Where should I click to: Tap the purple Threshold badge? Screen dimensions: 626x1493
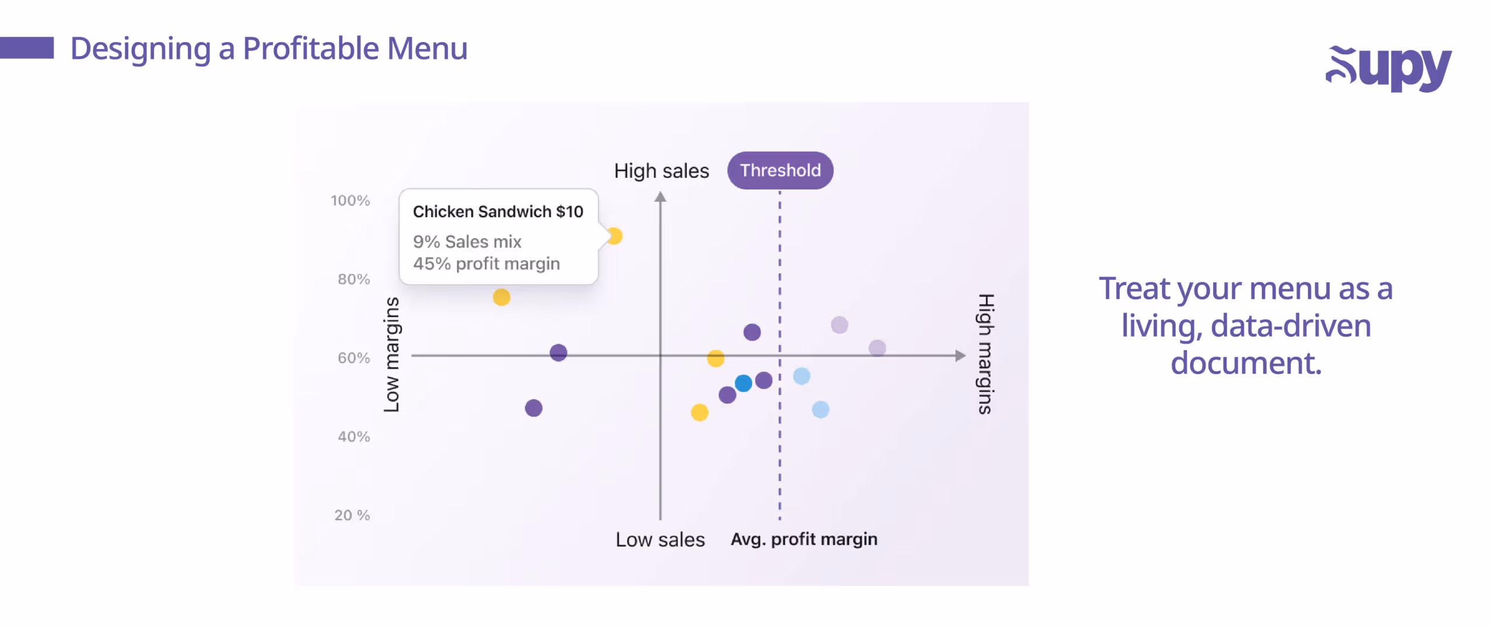tap(780, 170)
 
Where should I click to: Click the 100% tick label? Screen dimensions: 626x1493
tap(350, 201)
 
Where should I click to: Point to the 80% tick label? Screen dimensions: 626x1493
tap(353, 279)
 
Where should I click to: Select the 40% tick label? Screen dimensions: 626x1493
tap(353, 436)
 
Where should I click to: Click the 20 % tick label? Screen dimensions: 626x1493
tap(352, 515)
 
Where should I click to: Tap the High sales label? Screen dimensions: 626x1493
tap(661, 171)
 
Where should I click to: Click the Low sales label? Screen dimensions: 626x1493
tap(660, 540)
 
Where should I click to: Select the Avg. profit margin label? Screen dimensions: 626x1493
tap(804, 539)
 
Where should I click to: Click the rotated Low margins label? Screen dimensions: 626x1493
tap(392, 354)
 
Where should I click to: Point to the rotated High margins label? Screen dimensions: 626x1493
tap(985, 354)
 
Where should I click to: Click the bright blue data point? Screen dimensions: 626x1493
tap(743, 383)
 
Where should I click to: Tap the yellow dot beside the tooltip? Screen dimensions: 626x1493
tap(615, 236)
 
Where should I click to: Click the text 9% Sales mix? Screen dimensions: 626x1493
tap(467, 242)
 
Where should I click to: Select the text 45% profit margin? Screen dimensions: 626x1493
tap(486, 264)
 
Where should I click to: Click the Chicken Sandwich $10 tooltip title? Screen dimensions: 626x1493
tap(497, 212)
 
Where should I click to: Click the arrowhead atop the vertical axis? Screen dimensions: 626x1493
tap(660, 197)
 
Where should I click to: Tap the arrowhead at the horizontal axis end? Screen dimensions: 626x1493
tap(960, 355)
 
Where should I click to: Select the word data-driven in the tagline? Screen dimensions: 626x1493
tap(1291, 326)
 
